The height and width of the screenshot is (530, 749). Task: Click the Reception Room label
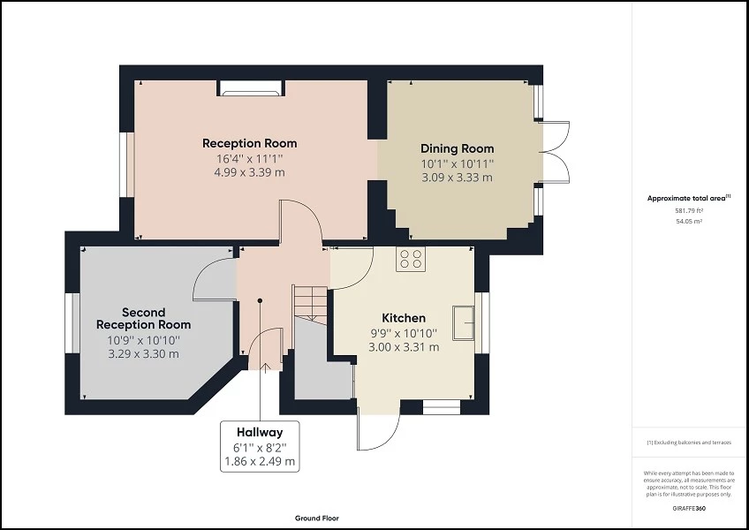point(249,143)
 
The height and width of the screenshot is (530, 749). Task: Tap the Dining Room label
point(457,148)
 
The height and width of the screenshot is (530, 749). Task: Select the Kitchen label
point(403,318)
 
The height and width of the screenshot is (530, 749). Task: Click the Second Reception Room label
point(143,318)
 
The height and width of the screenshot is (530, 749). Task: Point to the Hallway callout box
point(259,446)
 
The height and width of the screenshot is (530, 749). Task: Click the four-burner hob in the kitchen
point(410,258)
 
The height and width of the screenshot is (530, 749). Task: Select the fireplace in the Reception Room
point(251,87)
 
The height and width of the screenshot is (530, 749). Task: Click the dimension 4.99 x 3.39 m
point(249,172)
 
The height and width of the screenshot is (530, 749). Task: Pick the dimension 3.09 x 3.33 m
point(457,178)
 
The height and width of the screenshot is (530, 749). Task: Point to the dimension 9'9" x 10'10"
point(403,333)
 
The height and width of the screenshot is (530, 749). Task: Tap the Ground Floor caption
point(317,519)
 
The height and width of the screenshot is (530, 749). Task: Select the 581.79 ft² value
point(689,211)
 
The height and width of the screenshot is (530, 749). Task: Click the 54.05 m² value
point(689,222)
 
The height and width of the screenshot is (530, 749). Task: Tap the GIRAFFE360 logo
point(689,510)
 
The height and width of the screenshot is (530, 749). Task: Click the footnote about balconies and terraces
point(689,442)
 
